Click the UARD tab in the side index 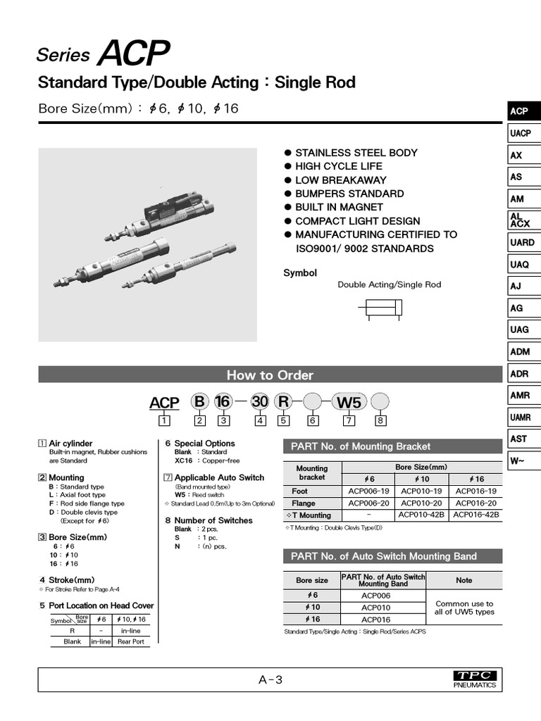[x=522, y=242]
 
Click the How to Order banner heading [x=269, y=375]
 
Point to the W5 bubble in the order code [x=349, y=402]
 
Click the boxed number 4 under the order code [x=260, y=421]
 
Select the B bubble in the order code [x=200, y=402]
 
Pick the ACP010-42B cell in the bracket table [x=423, y=515]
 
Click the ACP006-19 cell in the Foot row [x=369, y=491]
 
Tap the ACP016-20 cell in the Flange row [x=476, y=503]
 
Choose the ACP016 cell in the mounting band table [x=375, y=619]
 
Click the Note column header [x=464, y=580]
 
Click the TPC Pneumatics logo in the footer [x=476, y=679]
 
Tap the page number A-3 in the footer [x=270, y=679]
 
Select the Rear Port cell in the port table [x=130, y=641]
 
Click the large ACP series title [x=134, y=54]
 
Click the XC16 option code [x=183, y=460]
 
